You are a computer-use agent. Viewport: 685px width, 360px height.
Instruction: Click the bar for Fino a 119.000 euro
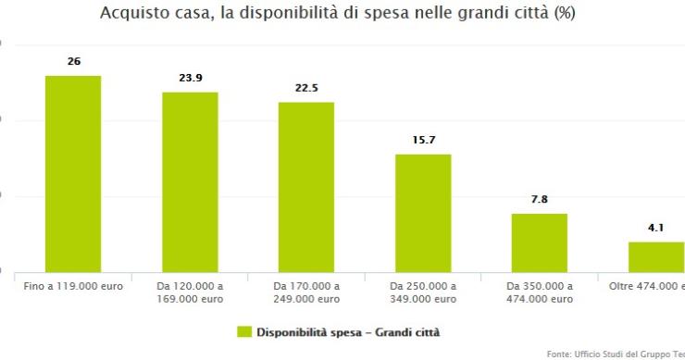click(73, 174)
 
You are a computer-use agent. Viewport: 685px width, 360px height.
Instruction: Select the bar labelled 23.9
click(190, 182)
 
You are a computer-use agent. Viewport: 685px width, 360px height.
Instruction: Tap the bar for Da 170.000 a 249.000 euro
click(306, 187)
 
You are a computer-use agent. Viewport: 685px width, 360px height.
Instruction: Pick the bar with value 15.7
click(423, 213)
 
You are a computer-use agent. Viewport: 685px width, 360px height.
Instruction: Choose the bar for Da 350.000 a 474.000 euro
click(540, 242)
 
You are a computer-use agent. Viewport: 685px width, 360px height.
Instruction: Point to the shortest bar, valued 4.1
click(656, 256)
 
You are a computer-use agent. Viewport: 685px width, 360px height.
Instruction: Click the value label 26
click(73, 61)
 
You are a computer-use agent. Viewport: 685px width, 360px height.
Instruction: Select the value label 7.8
click(540, 200)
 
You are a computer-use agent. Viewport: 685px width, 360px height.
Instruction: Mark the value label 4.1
click(655, 228)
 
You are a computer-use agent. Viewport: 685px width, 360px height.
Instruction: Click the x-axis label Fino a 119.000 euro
click(73, 286)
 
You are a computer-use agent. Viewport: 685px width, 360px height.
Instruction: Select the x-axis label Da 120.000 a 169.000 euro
click(190, 292)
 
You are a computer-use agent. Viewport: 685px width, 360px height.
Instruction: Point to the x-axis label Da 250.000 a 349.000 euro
click(423, 292)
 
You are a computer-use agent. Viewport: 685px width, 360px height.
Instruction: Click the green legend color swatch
click(244, 331)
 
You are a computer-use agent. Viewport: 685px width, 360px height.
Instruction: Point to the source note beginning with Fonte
click(615, 353)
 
